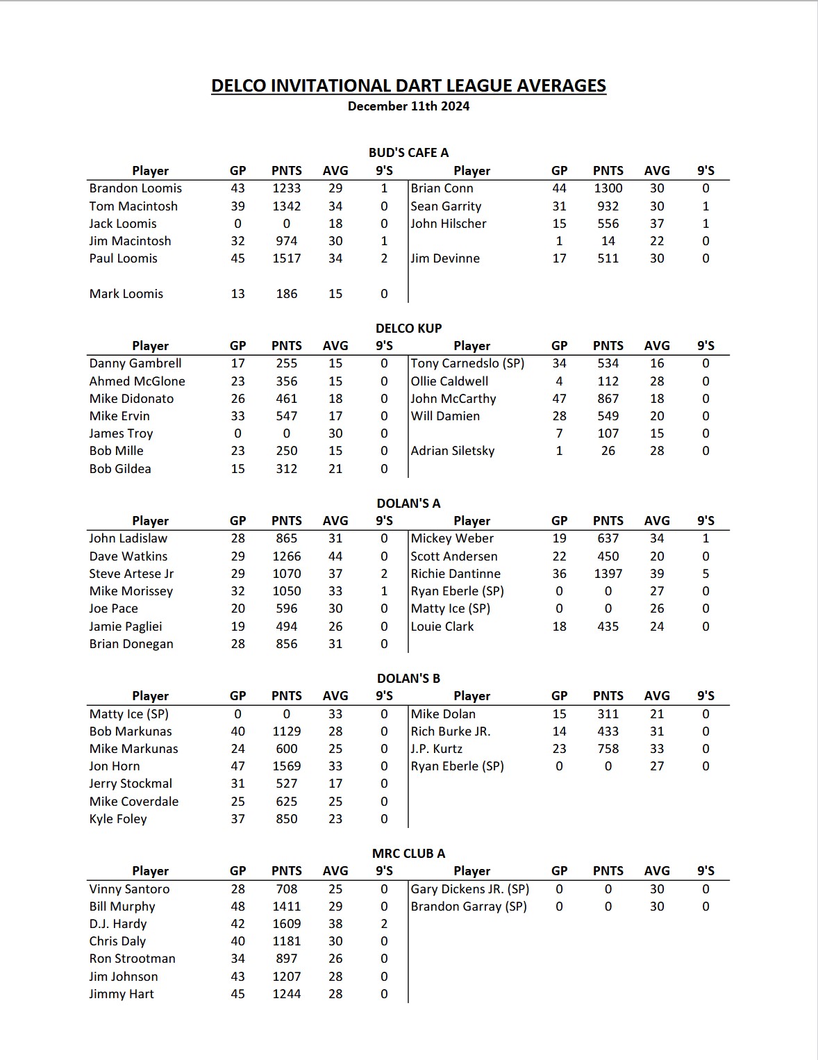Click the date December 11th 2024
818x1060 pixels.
click(408, 106)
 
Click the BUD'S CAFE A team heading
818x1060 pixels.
click(408, 153)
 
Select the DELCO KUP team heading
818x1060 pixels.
click(408, 328)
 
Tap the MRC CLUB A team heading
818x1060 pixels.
click(408, 853)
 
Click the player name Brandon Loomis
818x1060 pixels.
click(135, 188)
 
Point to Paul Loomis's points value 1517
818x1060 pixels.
click(287, 258)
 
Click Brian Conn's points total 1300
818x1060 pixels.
click(608, 188)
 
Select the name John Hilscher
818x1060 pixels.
click(449, 224)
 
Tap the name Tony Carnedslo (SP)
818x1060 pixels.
click(467, 363)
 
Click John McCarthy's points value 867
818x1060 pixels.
click(608, 399)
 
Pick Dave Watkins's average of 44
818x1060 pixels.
click(335, 556)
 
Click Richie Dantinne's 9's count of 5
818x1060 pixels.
click(706, 574)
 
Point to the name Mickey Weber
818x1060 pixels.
click(452, 538)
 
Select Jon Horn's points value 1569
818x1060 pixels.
click(287, 766)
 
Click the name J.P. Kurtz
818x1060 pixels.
click(436, 749)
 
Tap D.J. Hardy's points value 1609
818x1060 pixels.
click(287, 924)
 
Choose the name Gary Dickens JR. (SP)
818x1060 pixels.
click(469, 889)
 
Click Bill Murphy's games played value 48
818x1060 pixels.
click(237, 906)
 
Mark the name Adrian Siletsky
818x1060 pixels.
click(453, 451)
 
